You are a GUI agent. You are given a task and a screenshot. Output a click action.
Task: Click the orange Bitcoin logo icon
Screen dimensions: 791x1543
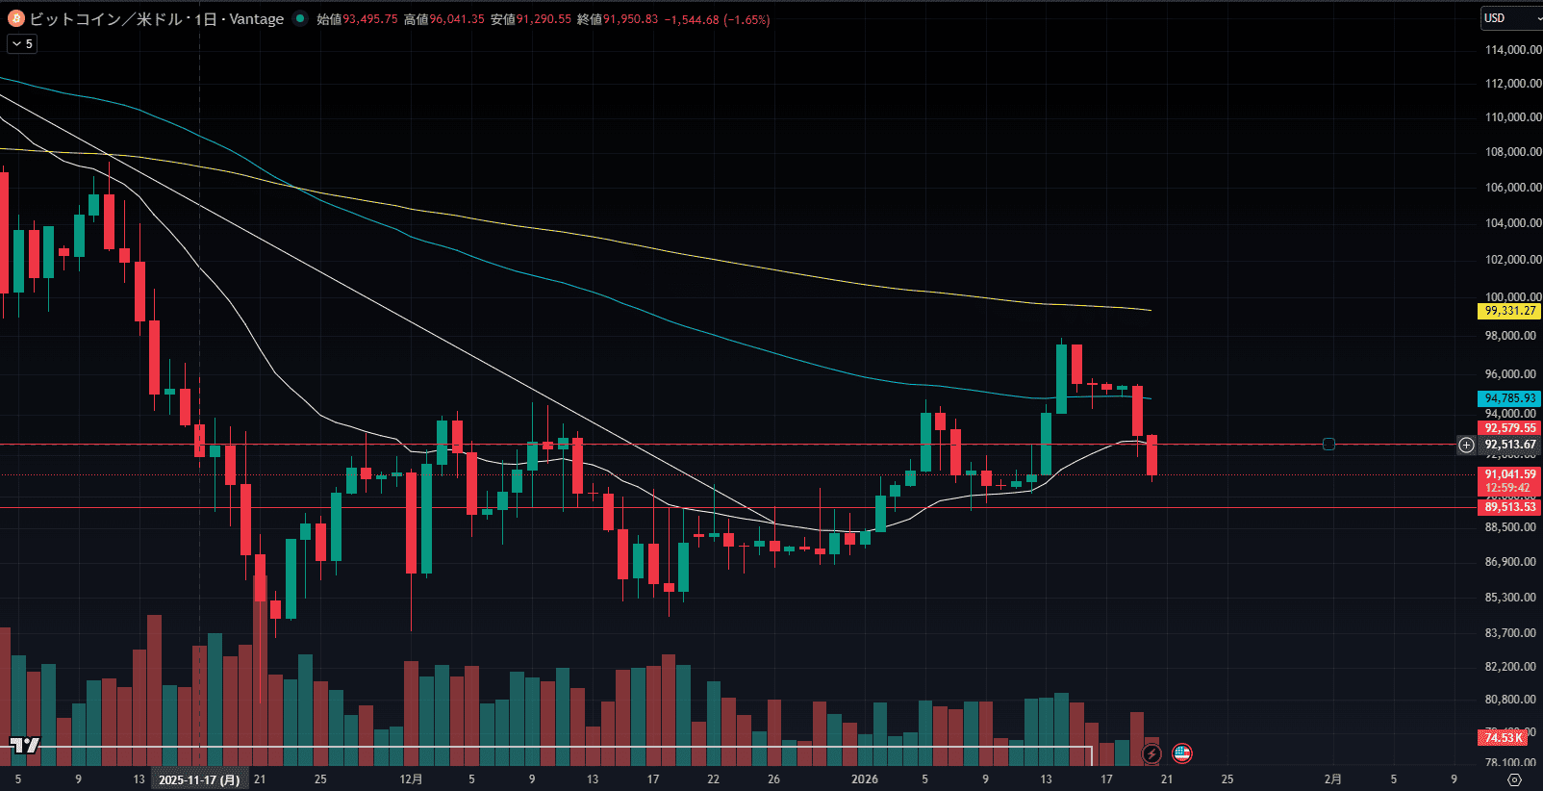coord(16,18)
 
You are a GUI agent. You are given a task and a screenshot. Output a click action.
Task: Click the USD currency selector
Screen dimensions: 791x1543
coord(1507,18)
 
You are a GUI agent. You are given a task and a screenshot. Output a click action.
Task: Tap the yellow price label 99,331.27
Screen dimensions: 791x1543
coord(1509,311)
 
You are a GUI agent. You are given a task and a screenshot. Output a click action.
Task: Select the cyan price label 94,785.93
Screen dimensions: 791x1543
coord(1509,398)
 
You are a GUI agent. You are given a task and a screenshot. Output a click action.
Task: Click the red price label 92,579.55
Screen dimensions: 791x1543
coord(1509,428)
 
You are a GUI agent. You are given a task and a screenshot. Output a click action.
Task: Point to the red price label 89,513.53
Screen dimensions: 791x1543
coord(1509,507)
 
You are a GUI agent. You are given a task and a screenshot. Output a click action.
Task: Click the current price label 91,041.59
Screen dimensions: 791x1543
coord(1509,474)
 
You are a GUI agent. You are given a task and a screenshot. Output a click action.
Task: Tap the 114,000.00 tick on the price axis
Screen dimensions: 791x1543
coord(1512,50)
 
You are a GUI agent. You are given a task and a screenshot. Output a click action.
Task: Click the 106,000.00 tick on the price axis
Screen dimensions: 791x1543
coord(1512,188)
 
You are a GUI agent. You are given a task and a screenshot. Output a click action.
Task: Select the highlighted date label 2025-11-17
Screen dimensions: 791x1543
coord(199,779)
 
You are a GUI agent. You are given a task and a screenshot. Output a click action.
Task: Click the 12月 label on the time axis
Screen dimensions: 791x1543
coord(411,779)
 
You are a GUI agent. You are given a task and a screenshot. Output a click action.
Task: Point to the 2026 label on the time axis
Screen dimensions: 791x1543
coord(864,779)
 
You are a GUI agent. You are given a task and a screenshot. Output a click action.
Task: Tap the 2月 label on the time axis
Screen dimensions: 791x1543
coord(1332,779)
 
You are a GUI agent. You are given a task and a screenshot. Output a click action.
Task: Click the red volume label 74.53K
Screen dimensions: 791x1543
coord(1503,738)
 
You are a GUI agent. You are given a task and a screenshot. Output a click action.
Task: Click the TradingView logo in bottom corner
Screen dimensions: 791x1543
coord(25,745)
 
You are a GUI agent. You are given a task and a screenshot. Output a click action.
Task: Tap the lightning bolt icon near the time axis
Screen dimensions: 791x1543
coord(1151,753)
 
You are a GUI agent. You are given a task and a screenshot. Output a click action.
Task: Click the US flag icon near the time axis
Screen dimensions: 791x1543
coord(1182,753)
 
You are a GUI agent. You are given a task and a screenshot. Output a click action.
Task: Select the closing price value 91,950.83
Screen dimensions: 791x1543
coord(631,19)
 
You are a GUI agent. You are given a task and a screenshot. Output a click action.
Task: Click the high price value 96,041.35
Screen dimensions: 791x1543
coord(457,19)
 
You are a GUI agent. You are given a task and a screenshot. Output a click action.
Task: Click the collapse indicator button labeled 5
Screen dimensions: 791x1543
coord(22,44)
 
